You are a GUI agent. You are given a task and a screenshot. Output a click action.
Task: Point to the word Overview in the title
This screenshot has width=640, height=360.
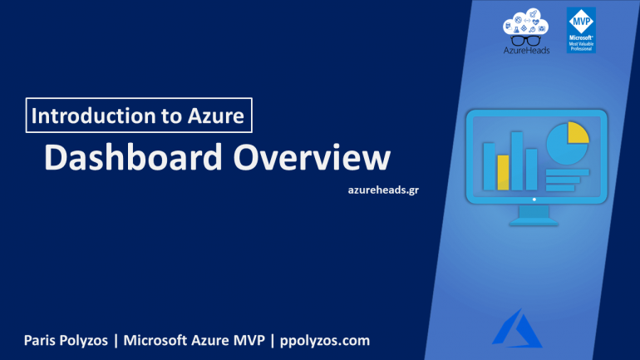(x=309, y=158)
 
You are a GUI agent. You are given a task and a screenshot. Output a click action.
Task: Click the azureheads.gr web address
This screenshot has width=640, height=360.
(x=383, y=190)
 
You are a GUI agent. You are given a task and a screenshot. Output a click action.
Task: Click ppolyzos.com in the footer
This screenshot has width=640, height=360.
(x=325, y=341)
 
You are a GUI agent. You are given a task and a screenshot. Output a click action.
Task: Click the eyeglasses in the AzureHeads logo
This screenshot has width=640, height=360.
(x=526, y=39)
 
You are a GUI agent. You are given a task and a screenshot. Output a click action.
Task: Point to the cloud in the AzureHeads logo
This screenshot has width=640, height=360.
(x=525, y=20)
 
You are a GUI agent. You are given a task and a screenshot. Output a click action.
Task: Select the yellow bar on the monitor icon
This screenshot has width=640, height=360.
(x=503, y=172)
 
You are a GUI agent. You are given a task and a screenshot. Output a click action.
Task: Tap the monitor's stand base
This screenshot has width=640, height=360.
(x=533, y=221)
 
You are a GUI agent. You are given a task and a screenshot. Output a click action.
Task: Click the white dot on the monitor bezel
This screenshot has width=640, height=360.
(x=534, y=200)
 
